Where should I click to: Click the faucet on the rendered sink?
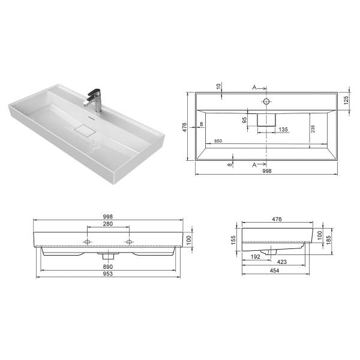point(95,100)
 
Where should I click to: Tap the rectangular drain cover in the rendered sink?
point(85,131)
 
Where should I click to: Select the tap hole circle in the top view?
point(266,101)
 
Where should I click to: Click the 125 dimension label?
point(346,100)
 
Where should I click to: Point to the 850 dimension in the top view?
point(218,141)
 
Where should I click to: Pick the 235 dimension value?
point(313,129)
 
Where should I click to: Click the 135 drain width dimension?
point(283,130)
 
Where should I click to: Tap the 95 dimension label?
point(245,120)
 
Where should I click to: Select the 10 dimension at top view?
point(218,86)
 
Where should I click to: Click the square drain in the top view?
point(266,120)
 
